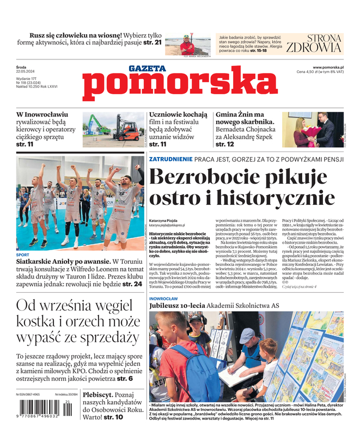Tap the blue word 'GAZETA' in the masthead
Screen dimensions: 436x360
click(x=148, y=69)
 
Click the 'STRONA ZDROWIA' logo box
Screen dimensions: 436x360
click(x=313, y=44)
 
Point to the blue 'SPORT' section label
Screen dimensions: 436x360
click(x=23, y=255)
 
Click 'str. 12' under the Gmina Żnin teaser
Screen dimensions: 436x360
click(x=225, y=144)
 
